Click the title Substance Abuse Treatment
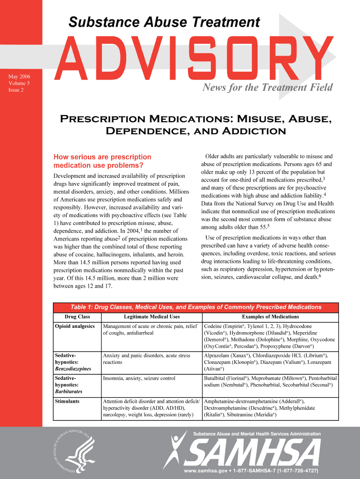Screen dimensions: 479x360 tap(164, 22)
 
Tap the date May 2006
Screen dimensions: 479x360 tap(18, 76)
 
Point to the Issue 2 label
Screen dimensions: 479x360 tap(16, 90)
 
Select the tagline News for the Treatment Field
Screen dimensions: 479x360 tap(266, 87)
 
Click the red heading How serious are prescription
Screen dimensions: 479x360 tap(103, 157)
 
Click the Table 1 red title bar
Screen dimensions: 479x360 tap(195, 307)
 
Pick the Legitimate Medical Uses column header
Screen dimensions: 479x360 tap(151, 317)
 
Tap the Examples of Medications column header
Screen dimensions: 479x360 tap(270, 317)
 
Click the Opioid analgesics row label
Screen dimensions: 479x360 tap(75, 326)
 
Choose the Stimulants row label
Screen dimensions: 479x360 tap(67, 401)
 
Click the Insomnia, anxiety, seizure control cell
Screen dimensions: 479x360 tap(139, 378)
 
